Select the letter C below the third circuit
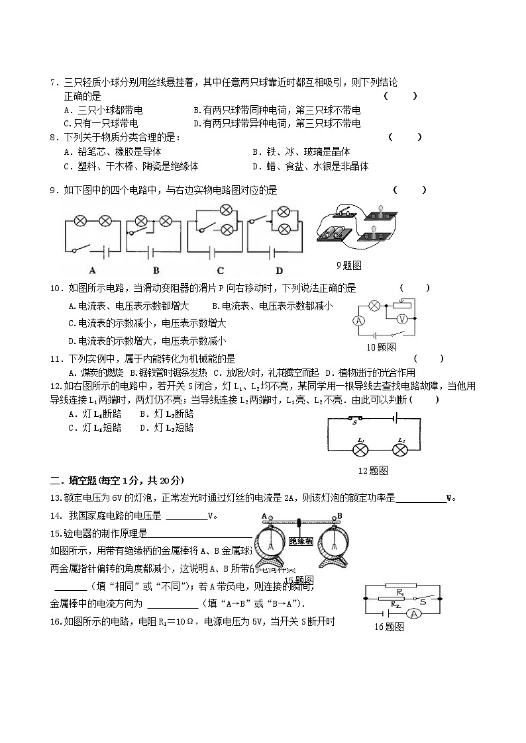(x=220, y=270)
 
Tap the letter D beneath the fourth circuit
(x=279, y=270)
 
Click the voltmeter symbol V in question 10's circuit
(x=400, y=319)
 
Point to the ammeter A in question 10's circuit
(x=359, y=320)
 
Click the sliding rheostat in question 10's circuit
(x=401, y=304)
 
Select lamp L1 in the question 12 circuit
(x=360, y=450)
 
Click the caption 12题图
(x=372, y=470)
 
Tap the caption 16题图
(x=389, y=627)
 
